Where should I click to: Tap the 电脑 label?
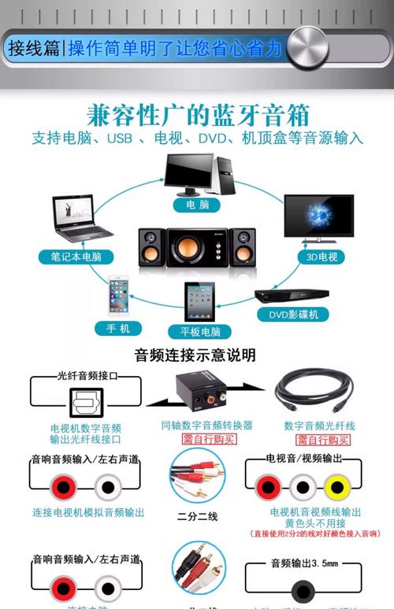click(x=198, y=205)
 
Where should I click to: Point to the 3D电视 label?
click(x=322, y=257)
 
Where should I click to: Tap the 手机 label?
click(x=118, y=327)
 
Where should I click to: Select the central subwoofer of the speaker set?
click(x=195, y=247)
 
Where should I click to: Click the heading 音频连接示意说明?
click(x=195, y=356)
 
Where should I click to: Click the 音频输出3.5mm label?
click(x=303, y=563)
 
